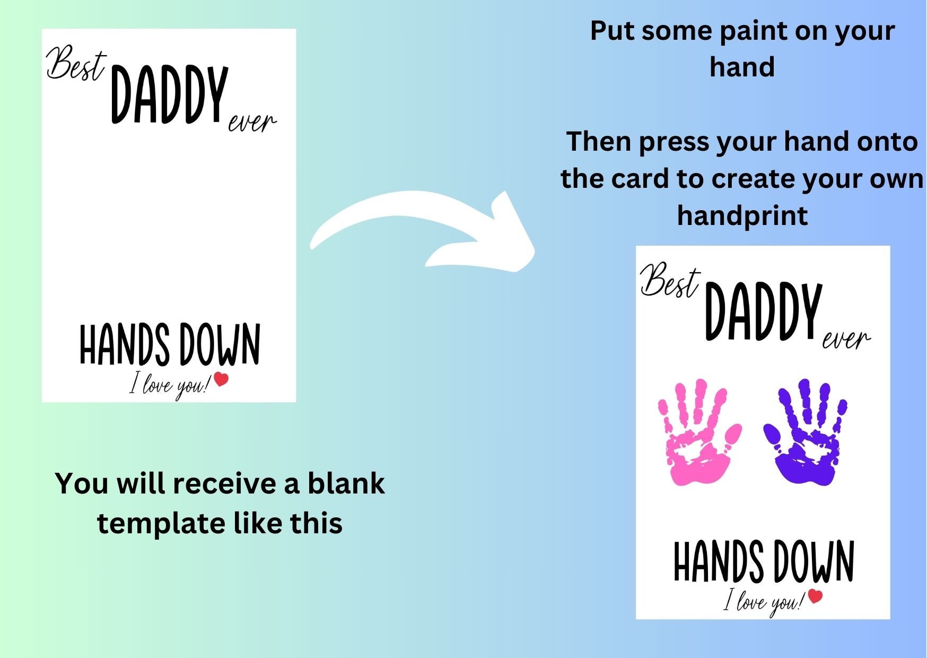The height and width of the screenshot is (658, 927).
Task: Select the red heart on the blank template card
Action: [x=221, y=379]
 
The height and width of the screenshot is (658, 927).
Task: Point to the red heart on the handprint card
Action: [x=815, y=596]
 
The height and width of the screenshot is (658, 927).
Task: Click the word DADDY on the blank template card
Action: [x=170, y=96]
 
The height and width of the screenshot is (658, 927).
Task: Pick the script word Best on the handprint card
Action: [x=669, y=281]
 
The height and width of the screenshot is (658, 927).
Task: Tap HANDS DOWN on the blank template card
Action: [x=170, y=345]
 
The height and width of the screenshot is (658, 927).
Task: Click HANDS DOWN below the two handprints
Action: [x=764, y=561]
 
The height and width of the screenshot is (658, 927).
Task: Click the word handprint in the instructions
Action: [x=742, y=216]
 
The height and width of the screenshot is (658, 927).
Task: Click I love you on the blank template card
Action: [x=170, y=385]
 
